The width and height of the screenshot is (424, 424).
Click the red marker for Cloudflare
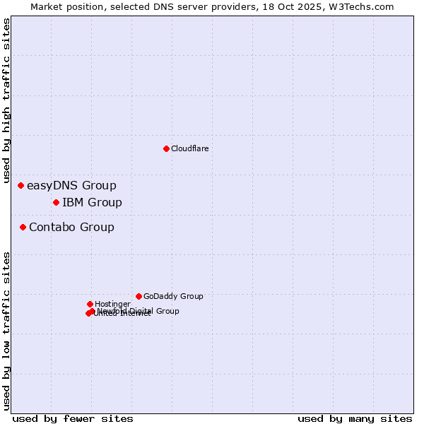tap(166, 148)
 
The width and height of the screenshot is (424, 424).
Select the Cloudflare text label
tap(189, 148)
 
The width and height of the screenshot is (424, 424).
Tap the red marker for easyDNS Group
tap(21, 186)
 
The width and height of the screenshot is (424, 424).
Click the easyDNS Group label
tap(71, 186)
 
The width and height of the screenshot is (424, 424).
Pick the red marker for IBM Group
tap(56, 203)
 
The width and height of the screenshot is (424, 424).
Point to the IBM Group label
tap(92, 203)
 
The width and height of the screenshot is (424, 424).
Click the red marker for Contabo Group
tap(23, 227)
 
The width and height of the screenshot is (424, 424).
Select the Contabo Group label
tap(71, 227)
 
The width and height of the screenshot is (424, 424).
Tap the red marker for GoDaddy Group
tap(139, 296)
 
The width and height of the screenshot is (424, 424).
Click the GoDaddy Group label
tap(173, 296)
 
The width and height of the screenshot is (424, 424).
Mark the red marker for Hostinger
tap(90, 304)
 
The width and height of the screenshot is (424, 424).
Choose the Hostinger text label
tap(112, 304)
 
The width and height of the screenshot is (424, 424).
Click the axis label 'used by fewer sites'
tap(73, 418)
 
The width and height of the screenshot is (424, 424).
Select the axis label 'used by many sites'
tap(355, 418)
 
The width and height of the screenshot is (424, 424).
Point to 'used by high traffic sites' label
tap(7, 101)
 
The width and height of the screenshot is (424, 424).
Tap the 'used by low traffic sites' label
tap(7, 331)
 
